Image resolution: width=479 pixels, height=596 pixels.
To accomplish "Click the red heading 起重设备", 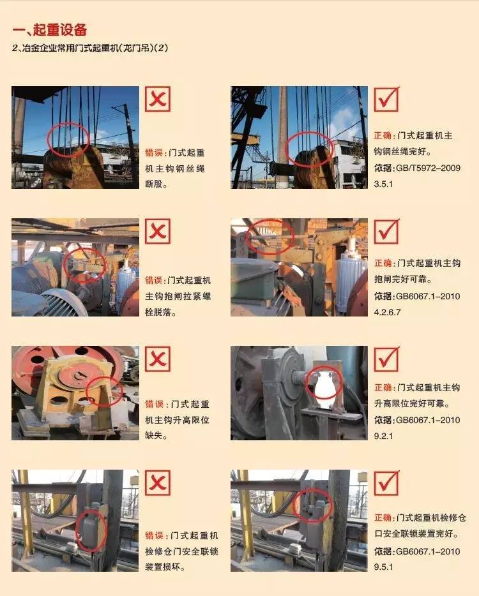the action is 60,29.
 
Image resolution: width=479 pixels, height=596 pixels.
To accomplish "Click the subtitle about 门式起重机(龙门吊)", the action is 90,48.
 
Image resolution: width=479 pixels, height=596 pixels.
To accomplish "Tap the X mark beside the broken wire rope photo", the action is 158,99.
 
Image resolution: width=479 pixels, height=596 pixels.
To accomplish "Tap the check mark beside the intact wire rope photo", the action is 386,99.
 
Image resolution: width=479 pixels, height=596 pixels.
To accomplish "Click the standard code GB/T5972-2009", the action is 428,168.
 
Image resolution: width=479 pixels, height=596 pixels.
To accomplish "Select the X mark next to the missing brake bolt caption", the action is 158,231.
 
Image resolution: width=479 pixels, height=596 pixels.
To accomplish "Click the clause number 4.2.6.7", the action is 387,312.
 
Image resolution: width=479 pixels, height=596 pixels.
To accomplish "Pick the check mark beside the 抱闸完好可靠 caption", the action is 386,231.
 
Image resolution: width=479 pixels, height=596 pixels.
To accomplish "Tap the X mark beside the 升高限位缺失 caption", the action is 158,359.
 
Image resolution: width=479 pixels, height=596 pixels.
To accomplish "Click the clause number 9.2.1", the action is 383,436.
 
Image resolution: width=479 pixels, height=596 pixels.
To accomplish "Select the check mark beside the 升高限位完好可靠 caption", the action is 386,359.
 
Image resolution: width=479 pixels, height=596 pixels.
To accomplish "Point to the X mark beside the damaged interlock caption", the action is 158,482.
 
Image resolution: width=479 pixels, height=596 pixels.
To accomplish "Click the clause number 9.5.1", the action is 383,567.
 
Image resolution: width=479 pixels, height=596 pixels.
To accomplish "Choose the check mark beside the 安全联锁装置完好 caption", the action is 386,482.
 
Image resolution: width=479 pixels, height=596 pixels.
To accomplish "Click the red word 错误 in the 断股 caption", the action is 154,153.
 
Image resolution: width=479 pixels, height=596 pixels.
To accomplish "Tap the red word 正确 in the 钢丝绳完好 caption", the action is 383,136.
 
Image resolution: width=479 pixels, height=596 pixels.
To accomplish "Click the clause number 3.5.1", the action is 383,184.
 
